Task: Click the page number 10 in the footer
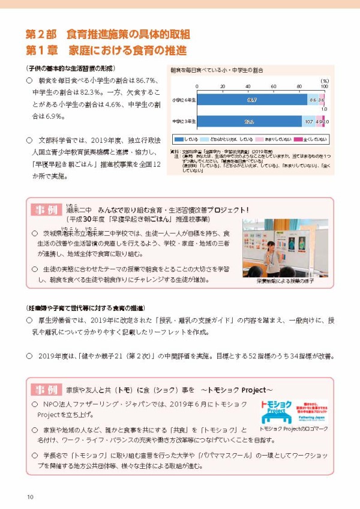click(x=29, y=496)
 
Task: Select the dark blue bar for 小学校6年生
click(x=252, y=100)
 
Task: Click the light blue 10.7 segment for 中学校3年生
click(x=309, y=122)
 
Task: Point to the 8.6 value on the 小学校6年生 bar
click(x=313, y=100)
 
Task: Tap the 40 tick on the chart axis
click(x=248, y=86)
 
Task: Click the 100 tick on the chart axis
click(x=325, y=86)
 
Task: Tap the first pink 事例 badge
click(x=46, y=210)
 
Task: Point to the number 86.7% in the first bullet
click(x=145, y=79)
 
